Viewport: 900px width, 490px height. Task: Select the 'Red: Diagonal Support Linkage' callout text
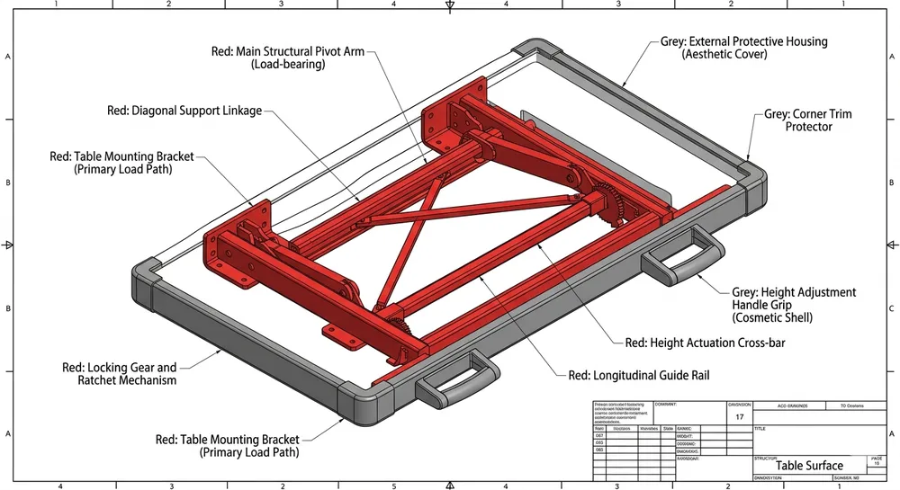pos(184,111)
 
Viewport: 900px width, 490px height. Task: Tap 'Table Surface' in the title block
pos(809,466)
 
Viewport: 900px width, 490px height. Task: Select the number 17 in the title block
pos(739,417)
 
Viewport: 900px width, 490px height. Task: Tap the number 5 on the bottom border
pos(393,486)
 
